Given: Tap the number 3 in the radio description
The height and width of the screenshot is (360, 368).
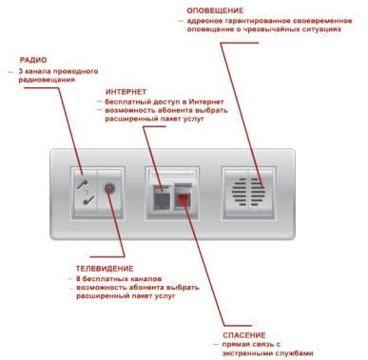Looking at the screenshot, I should [20, 72].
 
